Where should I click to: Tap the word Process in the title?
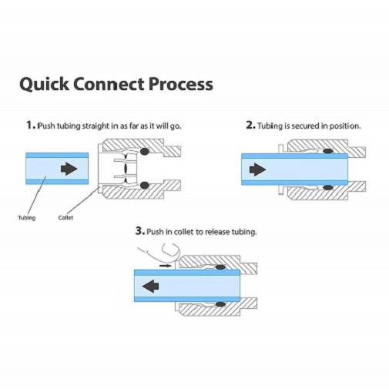click(x=178, y=83)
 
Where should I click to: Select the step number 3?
click(x=139, y=231)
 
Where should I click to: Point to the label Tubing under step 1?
click(x=27, y=218)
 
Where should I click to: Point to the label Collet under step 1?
click(x=67, y=218)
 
